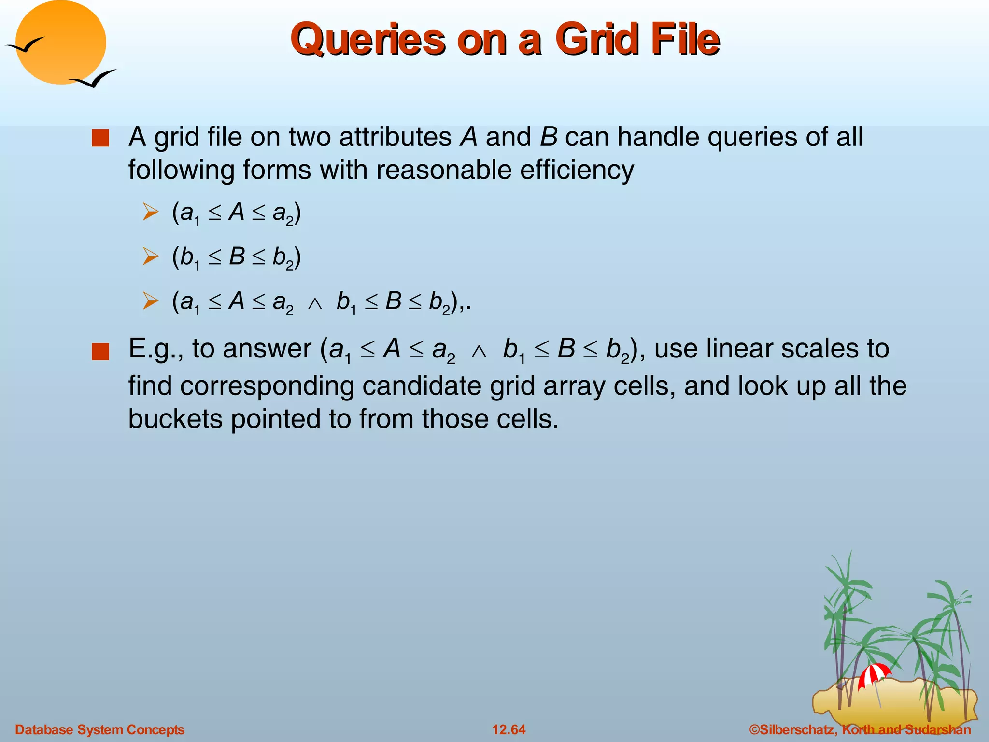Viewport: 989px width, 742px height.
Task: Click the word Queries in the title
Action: (x=367, y=40)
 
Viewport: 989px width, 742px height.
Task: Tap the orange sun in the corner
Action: (x=61, y=43)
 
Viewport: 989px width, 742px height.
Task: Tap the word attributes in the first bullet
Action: (x=395, y=137)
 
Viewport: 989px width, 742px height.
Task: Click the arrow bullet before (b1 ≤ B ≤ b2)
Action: (x=151, y=257)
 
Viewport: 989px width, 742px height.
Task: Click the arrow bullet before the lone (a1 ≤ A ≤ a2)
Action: (x=151, y=212)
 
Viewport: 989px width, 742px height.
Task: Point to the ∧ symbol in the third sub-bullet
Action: (x=315, y=303)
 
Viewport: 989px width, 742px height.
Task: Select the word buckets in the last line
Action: (x=175, y=418)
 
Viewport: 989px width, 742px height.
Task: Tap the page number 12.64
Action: (x=509, y=729)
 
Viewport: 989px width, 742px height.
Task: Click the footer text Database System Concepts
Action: (x=100, y=729)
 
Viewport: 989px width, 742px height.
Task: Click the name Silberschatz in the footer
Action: (x=797, y=729)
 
